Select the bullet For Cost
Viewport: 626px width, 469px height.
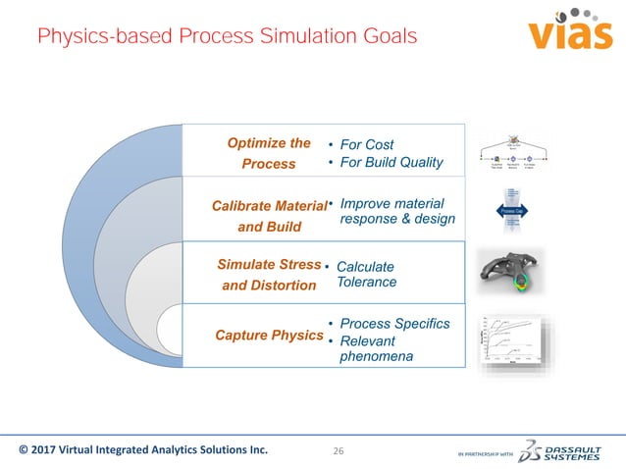pyautogui.click(x=365, y=145)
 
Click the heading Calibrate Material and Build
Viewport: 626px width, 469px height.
pyautogui.click(x=269, y=215)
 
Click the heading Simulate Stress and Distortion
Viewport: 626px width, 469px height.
pyautogui.click(x=269, y=275)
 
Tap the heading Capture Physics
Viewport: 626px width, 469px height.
pyautogui.click(x=268, y=336)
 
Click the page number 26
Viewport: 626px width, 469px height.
pyautogui.click(x=339, y=451)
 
